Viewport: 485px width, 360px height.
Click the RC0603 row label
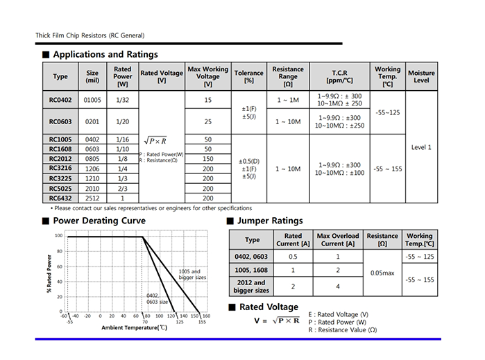pyautogui.click(x=60, y=121)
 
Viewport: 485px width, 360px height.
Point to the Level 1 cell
pyautogui.click(x=421, y=147)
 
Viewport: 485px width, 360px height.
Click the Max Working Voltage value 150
pyautogui.click(x=207, y=159)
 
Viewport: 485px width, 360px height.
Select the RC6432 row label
pyautogui.click(x=60, y=198)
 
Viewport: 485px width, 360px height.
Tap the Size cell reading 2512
pyautogui.click(x=92, y=198)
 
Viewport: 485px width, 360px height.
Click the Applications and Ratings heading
pyautogui.click(x=105, y=54)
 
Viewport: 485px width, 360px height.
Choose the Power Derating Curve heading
pyautogui.click(x=99, y=221)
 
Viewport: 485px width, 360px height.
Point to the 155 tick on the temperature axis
pyautogui.click(x=201, y=322)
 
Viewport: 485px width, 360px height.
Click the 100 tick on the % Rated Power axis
pyautogui.click(x=60, y=236)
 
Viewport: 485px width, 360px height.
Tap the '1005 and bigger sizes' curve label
pyautogui.click(x=189, y=275)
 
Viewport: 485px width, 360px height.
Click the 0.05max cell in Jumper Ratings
pyautogui.click(x=382, y=273)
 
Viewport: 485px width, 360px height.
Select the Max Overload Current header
pyautogui.click(x=338, y=239)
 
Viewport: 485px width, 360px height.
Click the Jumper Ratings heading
pyautogui.click(x=270, y=221)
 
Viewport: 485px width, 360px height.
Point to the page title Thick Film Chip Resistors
pyautogui.click(x=90, y=35)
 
